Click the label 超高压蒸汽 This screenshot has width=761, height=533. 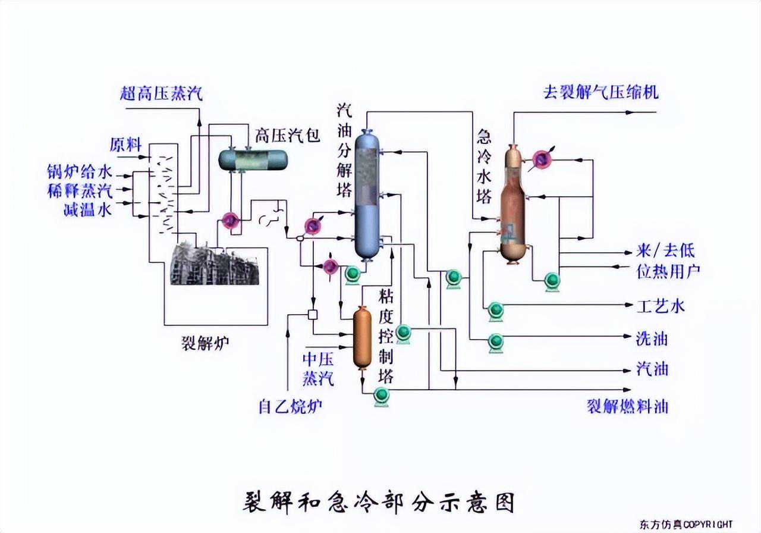pyautogui.click(x=162, y=93)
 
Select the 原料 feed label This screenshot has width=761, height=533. pyautogui.click(x=125, y=145)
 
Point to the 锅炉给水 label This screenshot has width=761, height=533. pyautogui.click(x=80, y=173)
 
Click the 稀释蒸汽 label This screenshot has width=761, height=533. pyautogui.click(x=80, y=191)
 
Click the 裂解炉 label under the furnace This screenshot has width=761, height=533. pyautogui.click(x=205, y=343)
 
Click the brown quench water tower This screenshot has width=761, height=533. pyautogui.click(x=512, y=205)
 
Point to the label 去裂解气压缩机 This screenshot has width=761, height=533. pyautogui.click(x=601, y=92)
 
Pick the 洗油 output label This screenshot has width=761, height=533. pyautogui.click(x=652, y=338)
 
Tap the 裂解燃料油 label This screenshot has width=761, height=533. pyautogui.click(x=628, y=406)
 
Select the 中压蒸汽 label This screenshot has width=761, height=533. pyautogui.click(x=319, y=368)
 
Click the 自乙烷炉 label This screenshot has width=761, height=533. pyautogui.click(x=291, y=407)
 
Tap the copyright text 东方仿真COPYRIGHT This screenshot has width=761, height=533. pyautogui.click(x=686, y=525)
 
